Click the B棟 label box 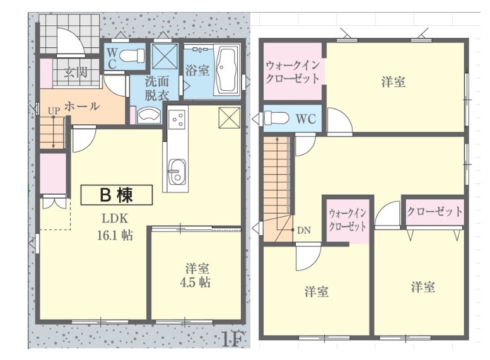(x=117, y=195)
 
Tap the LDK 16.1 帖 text (x=115, y=227)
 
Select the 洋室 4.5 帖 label (x=195, y=276)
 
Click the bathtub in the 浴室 (x=226, y=71)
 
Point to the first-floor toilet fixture (x=132, y=55)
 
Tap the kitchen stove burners (x=177, y=118)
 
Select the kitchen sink (x=177, y=171)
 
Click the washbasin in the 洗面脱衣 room (x=149, y=114)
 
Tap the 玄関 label (x=76, y=72)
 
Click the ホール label (x=82, y=107)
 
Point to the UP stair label (x=54, y=110)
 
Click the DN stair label (x=303, y=231)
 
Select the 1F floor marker (x=232, y=339)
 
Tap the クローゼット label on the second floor (x=435, y=212)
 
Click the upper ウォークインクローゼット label (x=293, y=72)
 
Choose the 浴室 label (x=197, y=71)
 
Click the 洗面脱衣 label (x=157, y=88)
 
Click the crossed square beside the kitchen (x=230, y=117)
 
